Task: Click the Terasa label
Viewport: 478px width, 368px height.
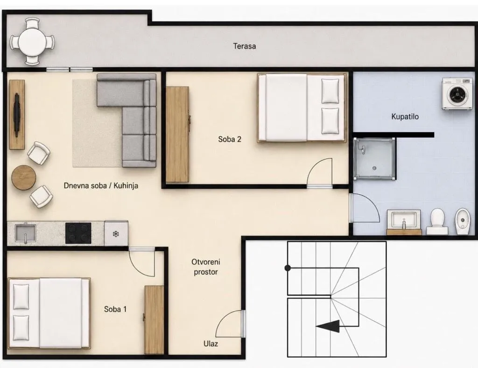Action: coord(245,46)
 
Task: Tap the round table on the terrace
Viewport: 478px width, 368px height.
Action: coord(33,42)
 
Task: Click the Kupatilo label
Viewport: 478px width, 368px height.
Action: coord(405,116)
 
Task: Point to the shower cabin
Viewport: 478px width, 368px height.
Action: coord(375,158)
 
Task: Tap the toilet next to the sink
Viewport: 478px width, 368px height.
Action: coord(437,222)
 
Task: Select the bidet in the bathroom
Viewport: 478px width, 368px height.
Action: coord(464,222)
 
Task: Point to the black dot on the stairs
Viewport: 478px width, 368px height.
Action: coord(288,268)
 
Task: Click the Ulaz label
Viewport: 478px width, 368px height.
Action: coord(211,344)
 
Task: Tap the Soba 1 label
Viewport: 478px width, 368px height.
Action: coord(115,309)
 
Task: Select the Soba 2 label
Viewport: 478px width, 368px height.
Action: coord(230,139)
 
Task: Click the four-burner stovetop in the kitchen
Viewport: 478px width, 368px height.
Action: coord(78,233)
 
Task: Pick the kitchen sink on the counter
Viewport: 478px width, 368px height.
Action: coord(26,234)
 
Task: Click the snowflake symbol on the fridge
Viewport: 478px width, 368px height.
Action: coord(116,234)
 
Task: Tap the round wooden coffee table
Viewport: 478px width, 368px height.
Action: coord(24,177)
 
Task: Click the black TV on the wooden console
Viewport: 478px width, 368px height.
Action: coord(17,114)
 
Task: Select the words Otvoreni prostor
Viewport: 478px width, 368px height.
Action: coord(206,267)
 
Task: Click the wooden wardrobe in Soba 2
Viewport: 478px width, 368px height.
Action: coord(177,134)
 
